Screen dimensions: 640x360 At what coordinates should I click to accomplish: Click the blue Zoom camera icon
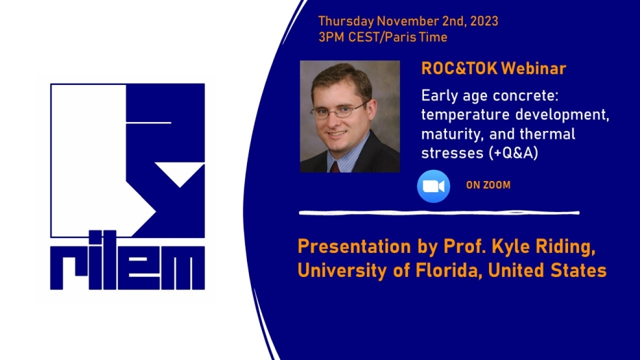(x=434, y=186)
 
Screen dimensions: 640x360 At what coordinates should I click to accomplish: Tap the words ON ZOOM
(x=488, y=185)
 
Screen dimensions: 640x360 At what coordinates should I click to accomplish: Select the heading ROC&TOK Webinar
(x=493, y=69)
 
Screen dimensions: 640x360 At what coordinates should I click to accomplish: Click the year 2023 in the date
(x=484, y=21)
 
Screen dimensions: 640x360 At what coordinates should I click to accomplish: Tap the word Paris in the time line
(x=400, y=37)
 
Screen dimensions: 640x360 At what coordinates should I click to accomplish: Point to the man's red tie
(x=335, y=167)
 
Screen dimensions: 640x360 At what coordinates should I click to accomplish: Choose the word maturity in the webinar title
(x=451, y=134)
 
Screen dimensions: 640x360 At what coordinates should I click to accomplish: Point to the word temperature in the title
(x=464, y=115)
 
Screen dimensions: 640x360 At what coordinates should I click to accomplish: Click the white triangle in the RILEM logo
(x=180, y=173)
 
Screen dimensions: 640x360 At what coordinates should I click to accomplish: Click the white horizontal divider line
(x=439, y=213)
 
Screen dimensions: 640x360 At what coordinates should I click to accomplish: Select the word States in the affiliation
(x=578, y=270)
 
